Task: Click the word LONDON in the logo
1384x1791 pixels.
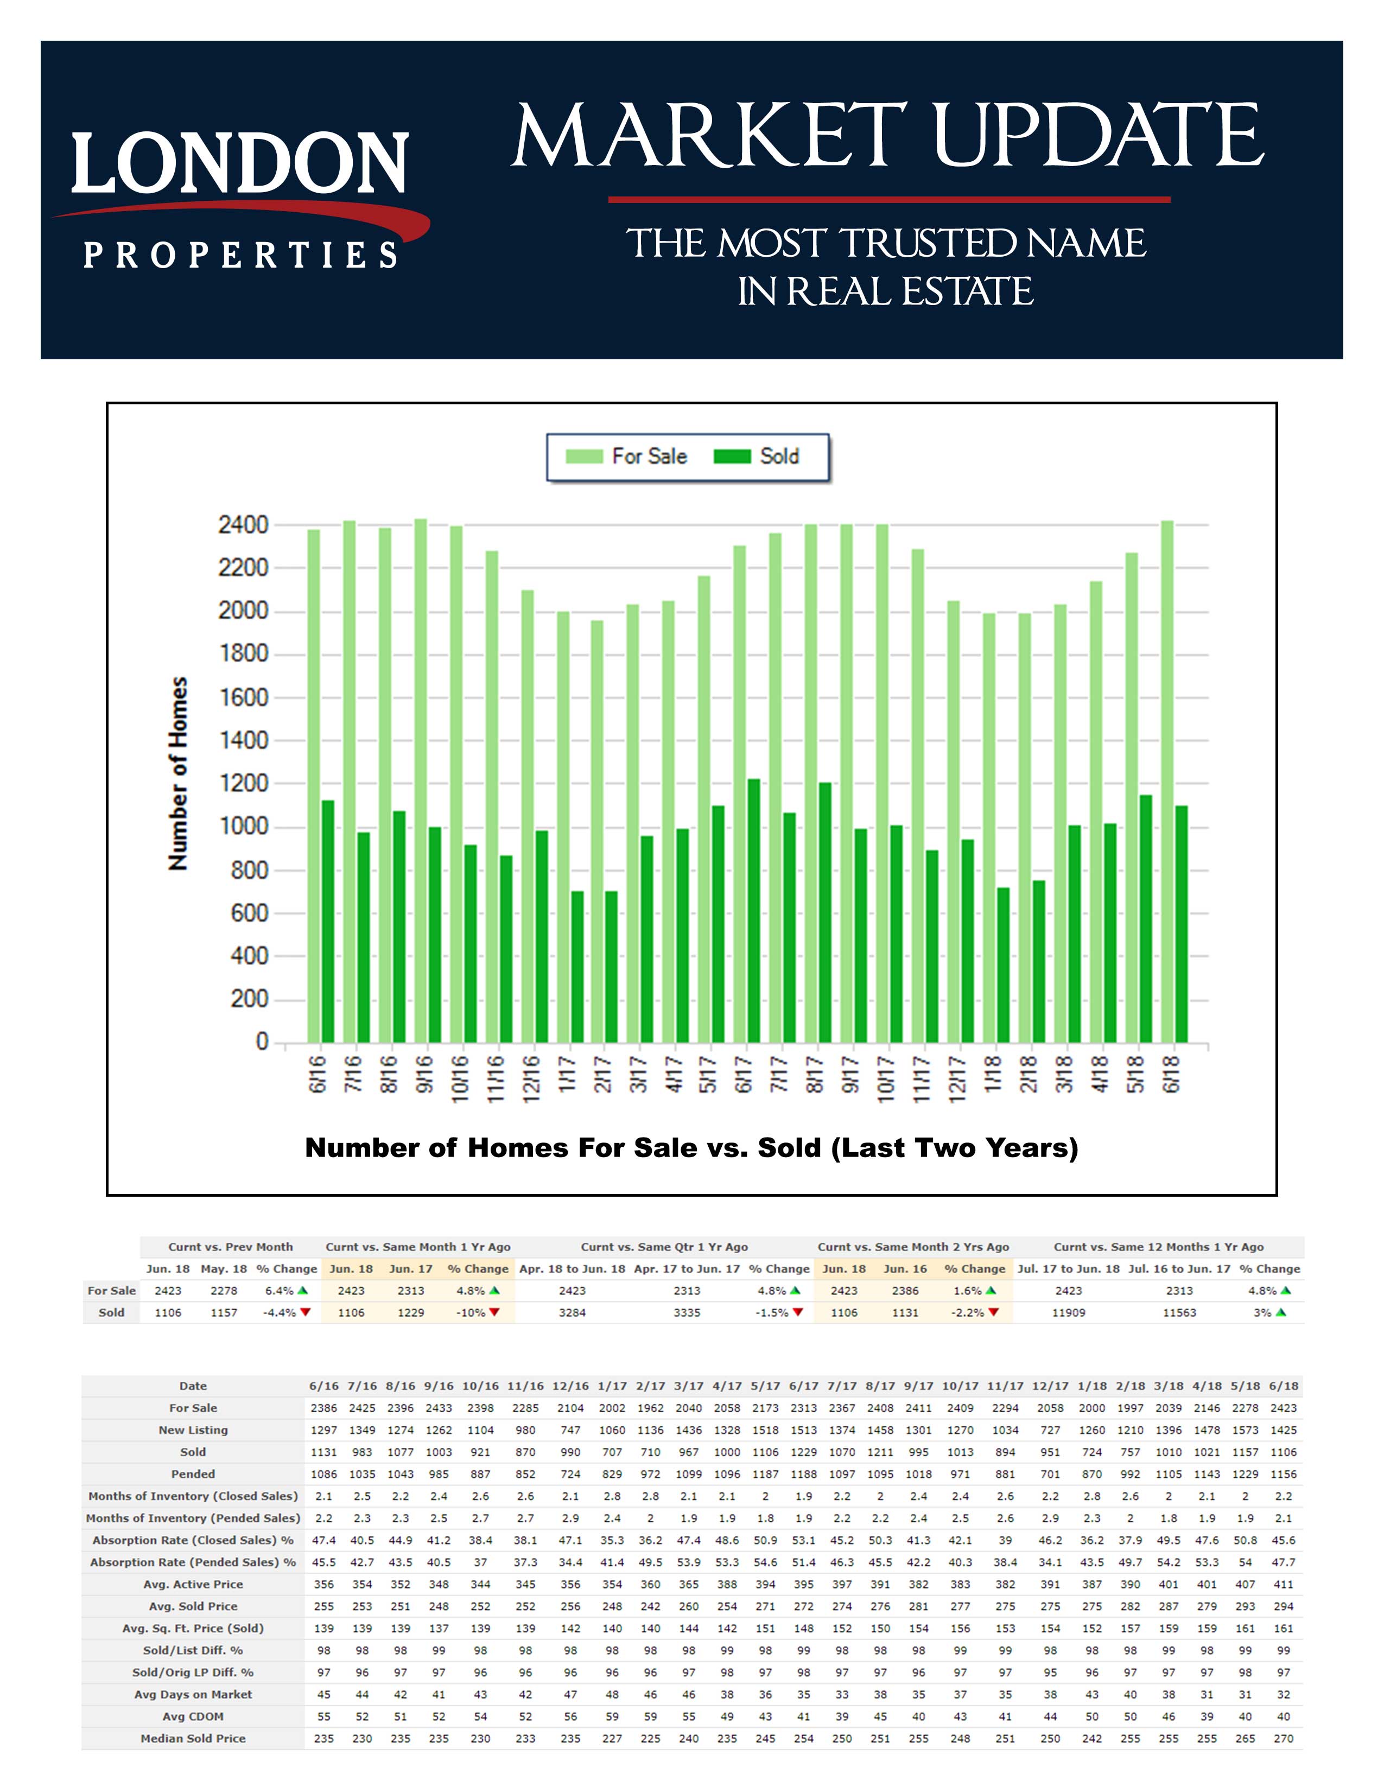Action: [x=239, y=164]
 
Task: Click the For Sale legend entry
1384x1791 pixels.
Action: [x=627, y=457]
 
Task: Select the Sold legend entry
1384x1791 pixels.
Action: [x=757, y=457]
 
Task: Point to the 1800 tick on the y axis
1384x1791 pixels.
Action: [x=244, y=653]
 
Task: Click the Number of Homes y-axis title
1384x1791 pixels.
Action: [x=178, y=773]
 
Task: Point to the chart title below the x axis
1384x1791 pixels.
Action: [x=691, y=1147]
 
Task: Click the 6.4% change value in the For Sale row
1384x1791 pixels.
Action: [x=280, y=1291]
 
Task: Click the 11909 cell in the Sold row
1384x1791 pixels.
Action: [x=1068, y=1313]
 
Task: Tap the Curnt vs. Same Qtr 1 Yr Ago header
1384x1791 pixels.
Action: [x=664, y=1247]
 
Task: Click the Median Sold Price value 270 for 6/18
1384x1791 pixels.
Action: [x=1283, y=1738]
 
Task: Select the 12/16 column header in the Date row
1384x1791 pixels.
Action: [x=570, y=1386]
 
